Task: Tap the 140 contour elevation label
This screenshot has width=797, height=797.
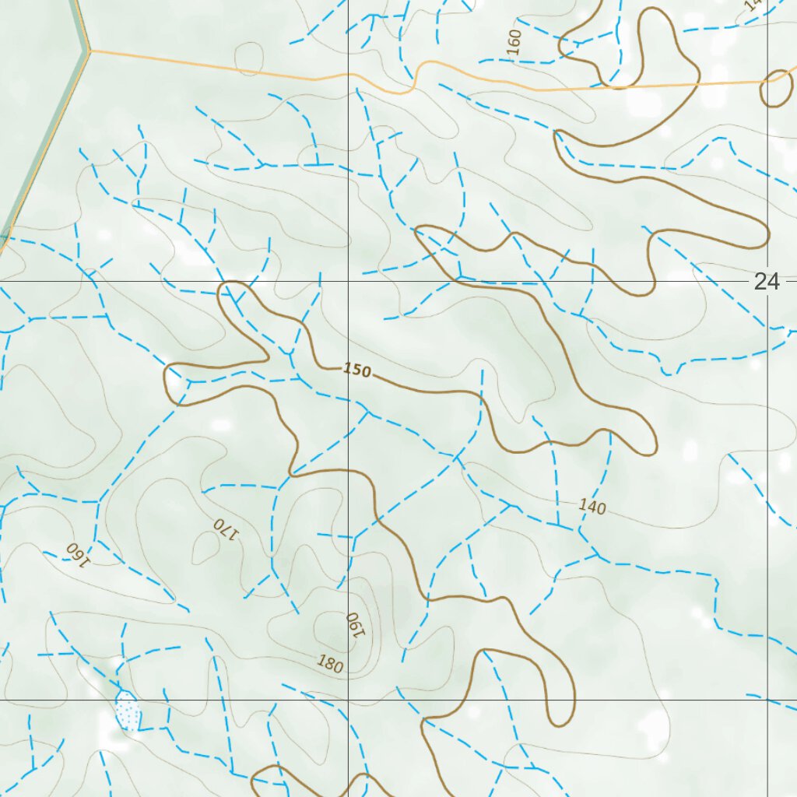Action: click(x=592, y=507)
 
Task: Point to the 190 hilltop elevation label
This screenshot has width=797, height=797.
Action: click(x=355, y=623)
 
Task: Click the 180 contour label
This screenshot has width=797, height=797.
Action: click(x=330, y=664)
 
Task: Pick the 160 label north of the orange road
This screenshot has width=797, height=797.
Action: click(x=514, y=42)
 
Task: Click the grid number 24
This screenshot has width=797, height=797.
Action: click(x=766, y=282)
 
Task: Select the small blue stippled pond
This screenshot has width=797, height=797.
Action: click(x=128, y=711)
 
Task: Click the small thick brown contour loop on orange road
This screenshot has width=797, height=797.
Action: click(x=775, y=89)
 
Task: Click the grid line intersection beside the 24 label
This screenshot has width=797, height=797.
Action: click(x=768, y=280)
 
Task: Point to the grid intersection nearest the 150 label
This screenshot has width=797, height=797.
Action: click(x=348, y=280)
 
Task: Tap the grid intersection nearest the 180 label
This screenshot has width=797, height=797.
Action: click(x=348, y=700)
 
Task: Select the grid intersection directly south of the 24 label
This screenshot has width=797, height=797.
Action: click(x=768, y=700)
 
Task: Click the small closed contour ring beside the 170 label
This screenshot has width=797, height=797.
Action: click(x=205, y=549)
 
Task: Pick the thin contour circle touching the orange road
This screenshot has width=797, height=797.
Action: click(x=250, y=59)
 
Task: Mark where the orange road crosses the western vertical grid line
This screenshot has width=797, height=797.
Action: click(x=348, y=75)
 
